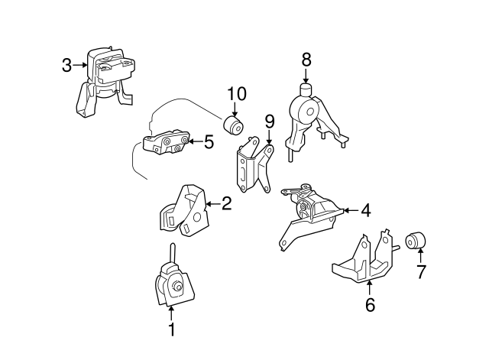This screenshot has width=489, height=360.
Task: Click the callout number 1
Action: click(172, 329)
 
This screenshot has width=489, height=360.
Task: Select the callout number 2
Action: click(226, 203)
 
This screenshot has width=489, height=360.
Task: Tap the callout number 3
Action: click(67, 66)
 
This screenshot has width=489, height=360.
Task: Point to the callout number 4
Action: click(365, 210)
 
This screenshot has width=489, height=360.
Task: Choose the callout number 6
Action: click(370, 305)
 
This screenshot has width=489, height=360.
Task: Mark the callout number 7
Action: click(419, 271)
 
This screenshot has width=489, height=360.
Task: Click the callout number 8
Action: click(306, 58)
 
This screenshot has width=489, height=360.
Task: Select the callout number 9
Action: click(269, 122)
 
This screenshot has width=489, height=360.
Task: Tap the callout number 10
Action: click(236, 95)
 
